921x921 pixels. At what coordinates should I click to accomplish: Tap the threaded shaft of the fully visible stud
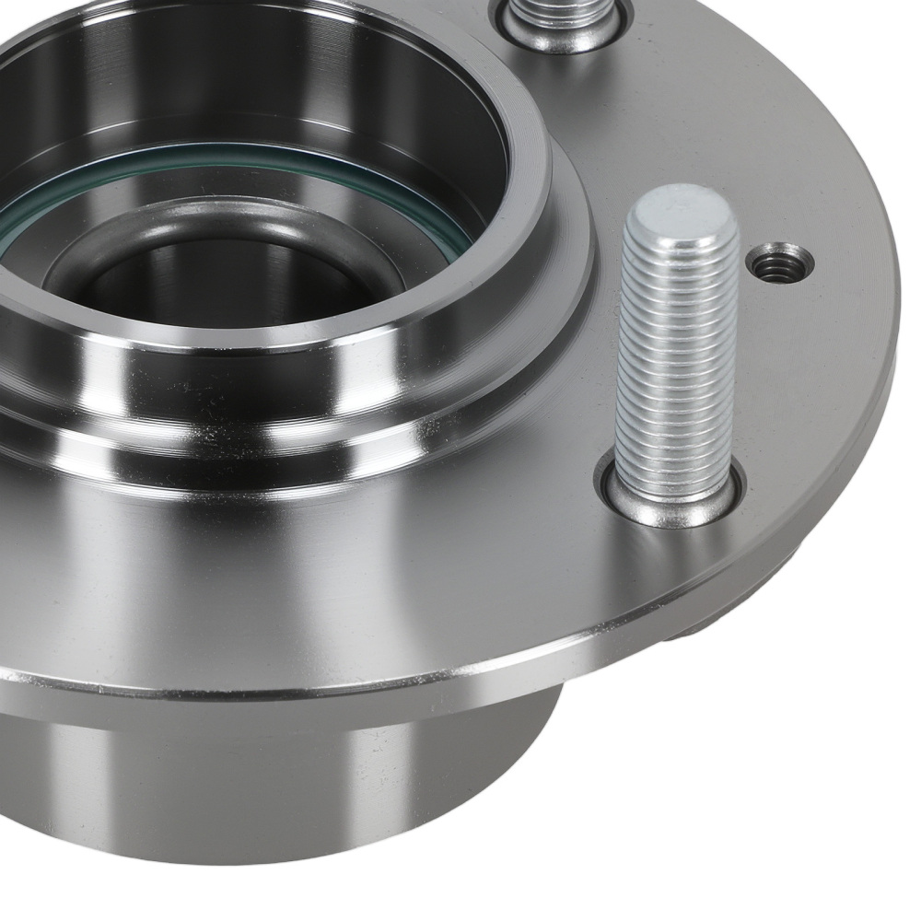click(x=678, y=359)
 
